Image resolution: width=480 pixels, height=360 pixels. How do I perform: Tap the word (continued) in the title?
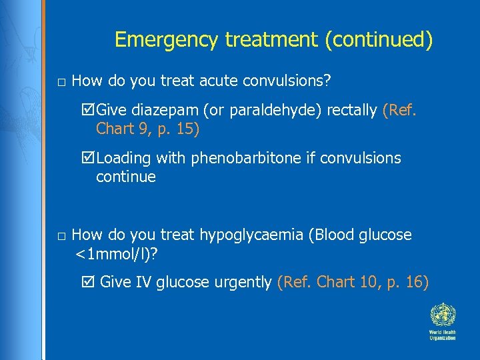378,40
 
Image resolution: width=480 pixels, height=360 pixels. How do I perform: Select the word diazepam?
170,111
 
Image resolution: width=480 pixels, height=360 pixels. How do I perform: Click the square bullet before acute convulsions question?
61,83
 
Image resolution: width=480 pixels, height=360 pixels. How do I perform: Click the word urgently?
242,283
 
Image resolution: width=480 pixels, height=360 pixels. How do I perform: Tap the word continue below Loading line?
125,177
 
